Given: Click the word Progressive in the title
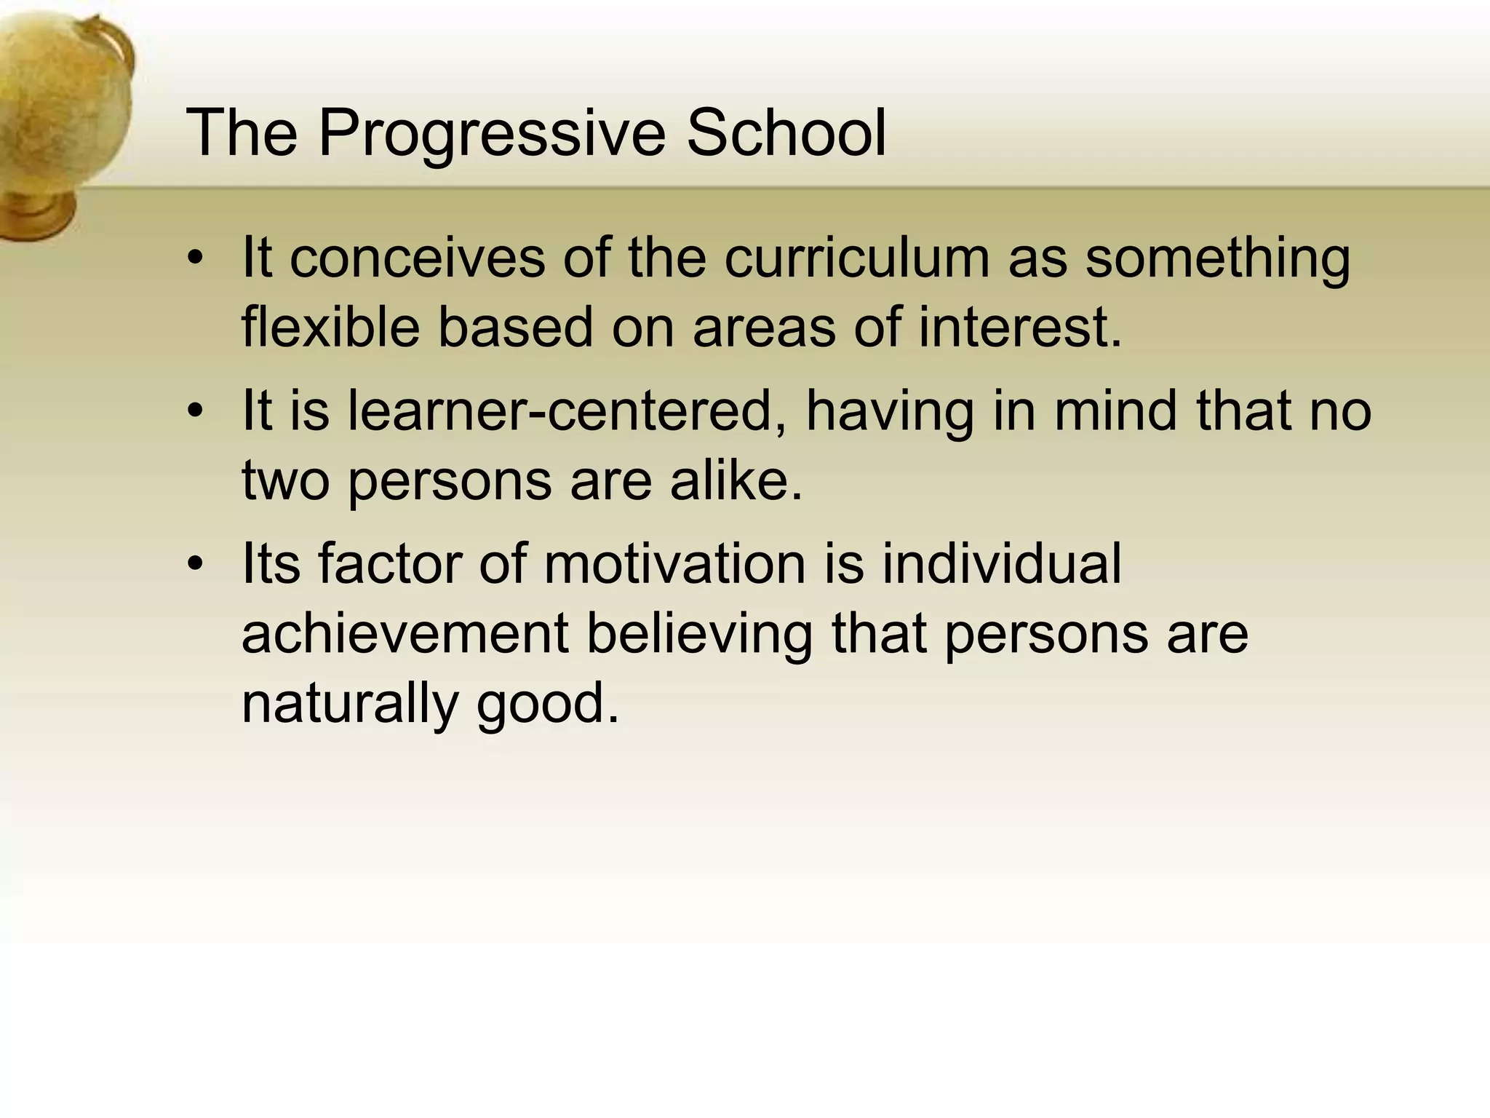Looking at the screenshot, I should coord(492,133).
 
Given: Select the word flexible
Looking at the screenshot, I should coord(330,326).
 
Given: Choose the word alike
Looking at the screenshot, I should coord(736,480).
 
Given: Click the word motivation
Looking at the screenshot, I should coord(674,563).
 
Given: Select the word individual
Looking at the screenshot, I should coord(1002,563).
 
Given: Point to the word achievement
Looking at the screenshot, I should coord(405,633).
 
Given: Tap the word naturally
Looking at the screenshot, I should coord(350,703).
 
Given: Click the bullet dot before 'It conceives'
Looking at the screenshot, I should coord(194,259).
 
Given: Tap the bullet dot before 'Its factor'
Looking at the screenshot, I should coord(194,565).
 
